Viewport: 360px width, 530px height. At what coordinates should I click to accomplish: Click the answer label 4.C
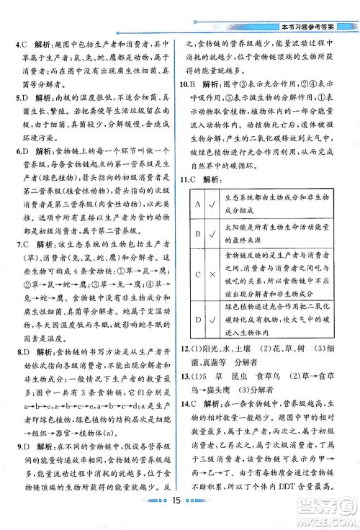(22, 41)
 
